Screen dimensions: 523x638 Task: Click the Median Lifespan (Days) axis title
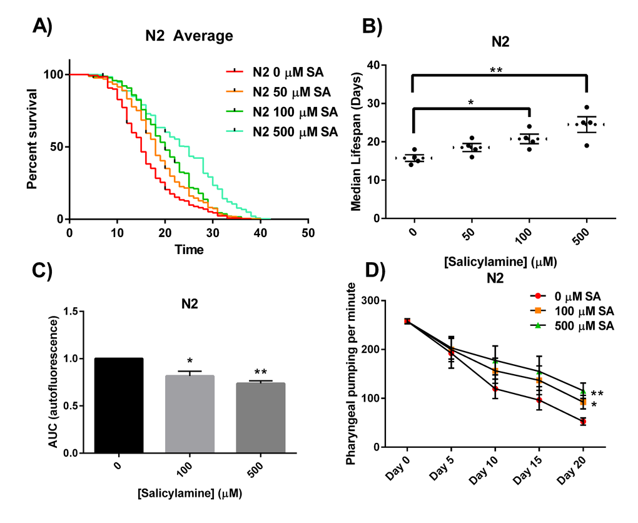pos(356,141)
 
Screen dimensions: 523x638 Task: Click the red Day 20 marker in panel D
pos(584,422)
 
